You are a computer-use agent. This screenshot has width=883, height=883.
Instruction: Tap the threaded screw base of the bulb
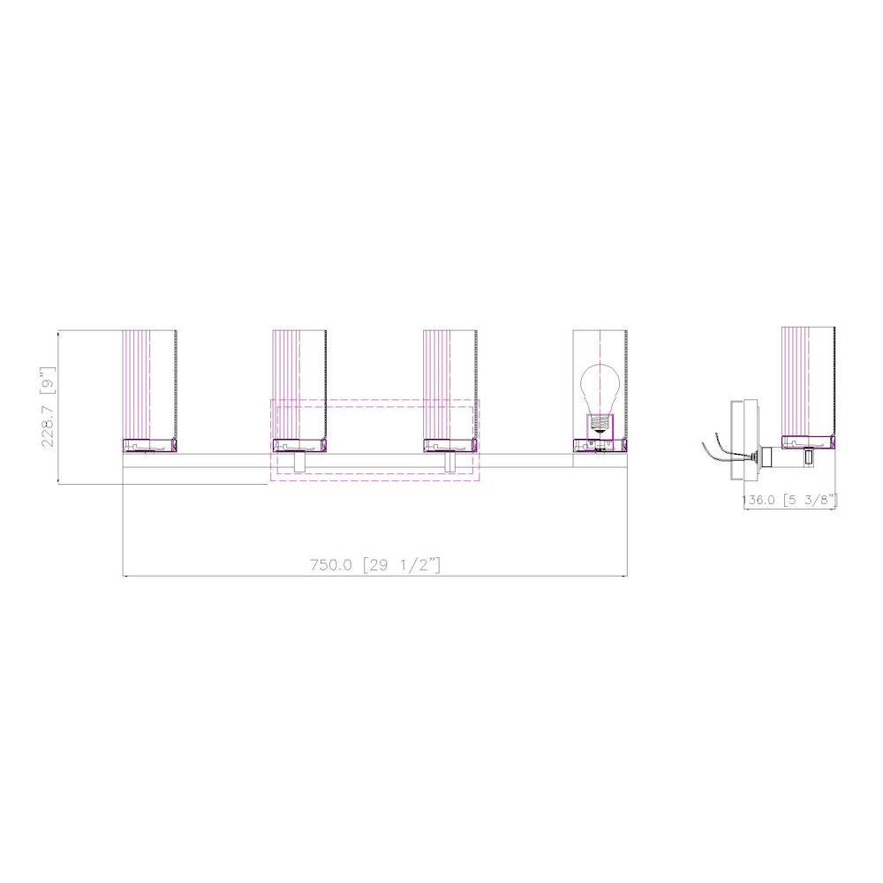(x=600, y=423)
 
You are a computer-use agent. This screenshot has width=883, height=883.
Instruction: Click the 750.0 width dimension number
(x=331, y=564)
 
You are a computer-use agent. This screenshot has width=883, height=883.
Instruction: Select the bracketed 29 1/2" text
(x=402, y=564)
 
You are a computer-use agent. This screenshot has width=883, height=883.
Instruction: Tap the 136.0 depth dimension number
(x=758, y=500)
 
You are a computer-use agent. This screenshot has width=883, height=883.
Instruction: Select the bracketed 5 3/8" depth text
(x=809, y=500)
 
